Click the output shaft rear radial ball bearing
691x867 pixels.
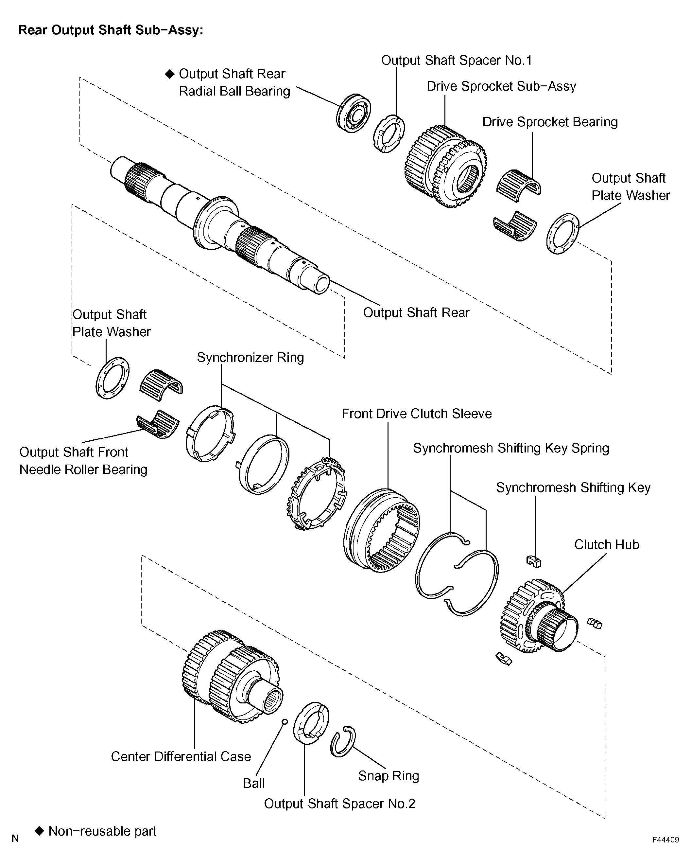click(353, 114)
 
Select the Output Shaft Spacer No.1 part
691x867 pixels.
click(389, 133)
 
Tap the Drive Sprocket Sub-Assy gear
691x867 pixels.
click(445, 166)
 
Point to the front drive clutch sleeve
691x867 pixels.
click(382, 530)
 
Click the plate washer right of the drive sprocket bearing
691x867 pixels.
click(563, 234)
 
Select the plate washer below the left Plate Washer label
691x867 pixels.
click(112, 378)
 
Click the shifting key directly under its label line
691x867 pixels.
click(534, 561)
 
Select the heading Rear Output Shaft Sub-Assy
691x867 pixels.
click(111, 30)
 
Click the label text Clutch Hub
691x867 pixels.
click(607, 544)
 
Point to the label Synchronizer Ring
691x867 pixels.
click(250, 358)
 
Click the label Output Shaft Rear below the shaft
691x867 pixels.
click(416, 312)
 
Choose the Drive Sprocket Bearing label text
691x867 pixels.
click(550, 122)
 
